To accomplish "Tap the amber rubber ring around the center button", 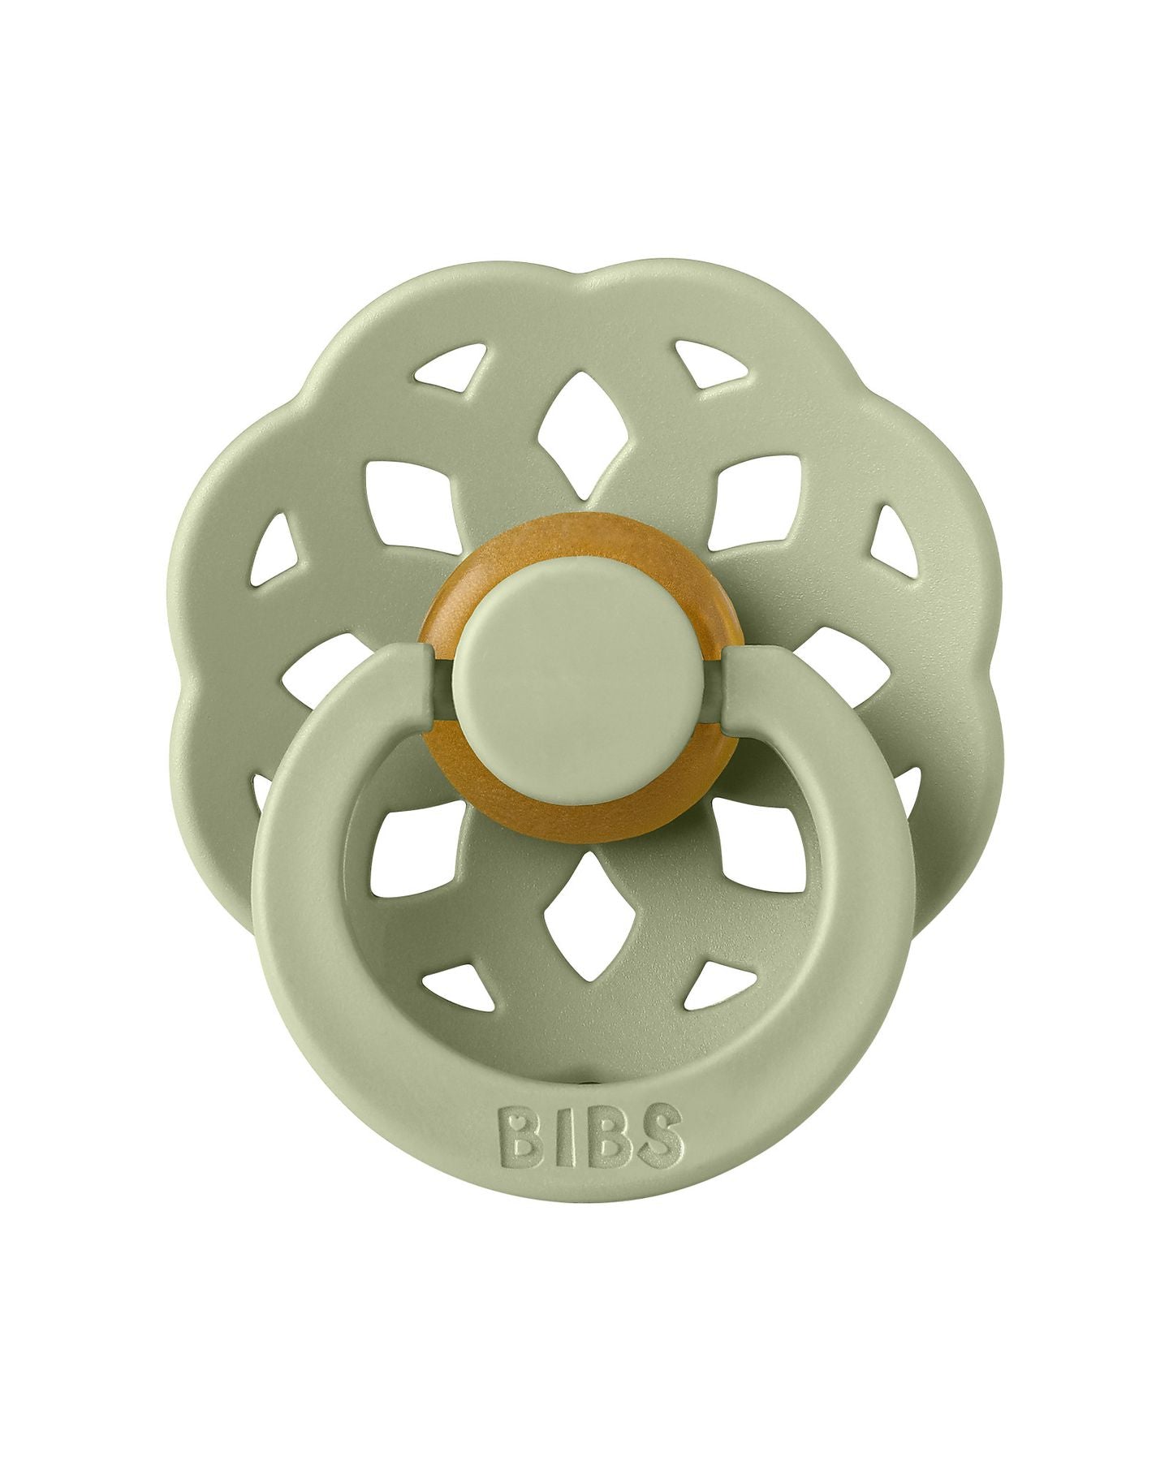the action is point(584,536).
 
